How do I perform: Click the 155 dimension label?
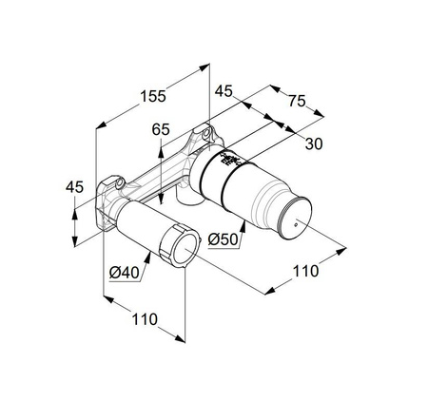151,95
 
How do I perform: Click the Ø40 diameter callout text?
126,273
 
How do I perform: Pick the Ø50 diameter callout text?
223,239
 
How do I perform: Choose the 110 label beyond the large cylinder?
305,272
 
